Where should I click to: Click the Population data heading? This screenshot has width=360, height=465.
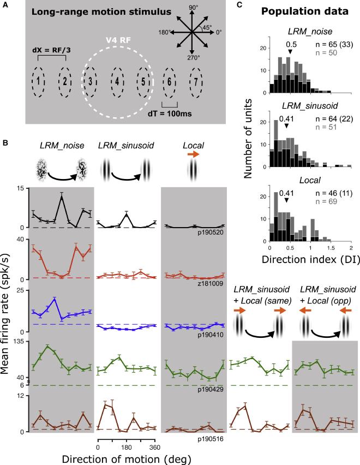point(298,11)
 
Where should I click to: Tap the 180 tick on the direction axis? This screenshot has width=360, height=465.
point(127,448)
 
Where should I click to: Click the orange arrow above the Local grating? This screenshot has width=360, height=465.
point(193,155)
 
